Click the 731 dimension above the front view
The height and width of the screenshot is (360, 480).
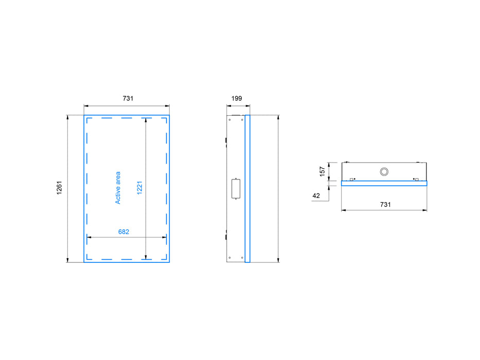pyautogui.click(x=127, y=98)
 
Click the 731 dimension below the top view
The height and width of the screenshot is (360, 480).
pyautogui.click(x=385, y=204)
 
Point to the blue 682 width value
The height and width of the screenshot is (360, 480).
pyautogui.click(x=123, y=231)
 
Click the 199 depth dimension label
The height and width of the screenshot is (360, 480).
pyautogui.click(x=236, y=98)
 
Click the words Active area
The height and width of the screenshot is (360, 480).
pyautogui.click(x=118, y=188)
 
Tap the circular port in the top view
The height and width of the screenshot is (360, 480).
pyautogui.click(x=384, y=171)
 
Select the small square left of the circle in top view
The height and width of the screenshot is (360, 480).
pyautogui.click(x=351, y=179)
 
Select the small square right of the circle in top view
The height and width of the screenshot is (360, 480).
pyautogui.click(x=417, y=179)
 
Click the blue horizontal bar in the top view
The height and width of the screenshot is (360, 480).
pyautogui.click(x=384, y=184)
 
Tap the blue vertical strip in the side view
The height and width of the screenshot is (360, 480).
pyautogui.click(x=247, y=188)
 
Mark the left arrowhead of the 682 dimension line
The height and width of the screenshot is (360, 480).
pyautogui.click(x=89, y=237)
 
